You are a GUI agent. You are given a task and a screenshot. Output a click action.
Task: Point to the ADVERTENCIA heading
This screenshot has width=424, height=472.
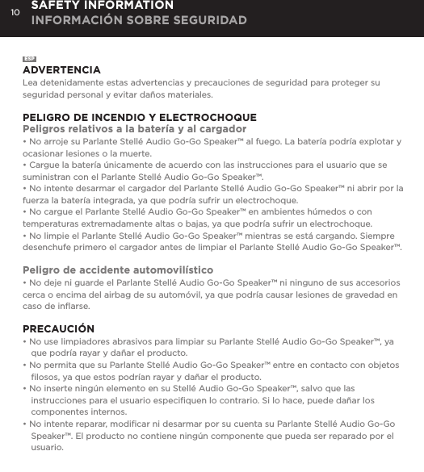click(61, 70)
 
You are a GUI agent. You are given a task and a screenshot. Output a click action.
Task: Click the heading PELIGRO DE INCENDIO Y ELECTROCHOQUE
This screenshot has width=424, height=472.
click(140, 118)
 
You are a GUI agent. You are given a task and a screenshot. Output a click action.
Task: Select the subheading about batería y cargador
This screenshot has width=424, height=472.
click(135, 129)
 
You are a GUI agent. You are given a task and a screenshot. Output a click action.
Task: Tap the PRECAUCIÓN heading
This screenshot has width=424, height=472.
click(58, 329)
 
